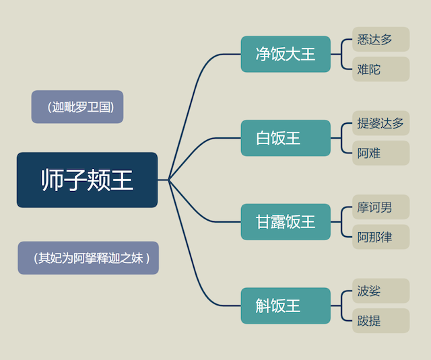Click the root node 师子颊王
tap(87, 180)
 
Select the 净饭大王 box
tap(286, 54)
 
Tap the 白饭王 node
tap(286, 138)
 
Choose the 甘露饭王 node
tap(286, 222)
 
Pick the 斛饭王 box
tap(286, 305)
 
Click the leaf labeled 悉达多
tap(381, 39)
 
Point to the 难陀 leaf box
tap(381, 69)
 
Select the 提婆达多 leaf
tap(381, 123)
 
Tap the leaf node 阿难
tap(381, 153)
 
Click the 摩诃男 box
tap(381, 207)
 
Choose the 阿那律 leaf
tap(381, 237)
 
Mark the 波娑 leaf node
tap(381, 291)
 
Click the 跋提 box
tap(381, 321)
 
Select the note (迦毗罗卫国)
tap(77, 107)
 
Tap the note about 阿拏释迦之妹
tap(88, 258)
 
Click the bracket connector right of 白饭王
tap(341, 138)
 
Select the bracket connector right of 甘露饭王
tap(341, 222)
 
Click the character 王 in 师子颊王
tap(122, 180)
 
